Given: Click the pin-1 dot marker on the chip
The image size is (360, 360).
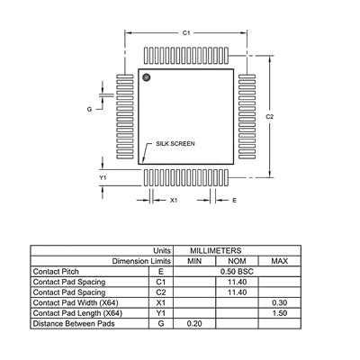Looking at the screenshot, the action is (x=147, y=77).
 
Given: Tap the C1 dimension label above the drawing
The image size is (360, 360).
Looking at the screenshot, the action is (x=186, y=32).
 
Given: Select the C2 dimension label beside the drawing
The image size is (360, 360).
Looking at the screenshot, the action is (x=270, y=117).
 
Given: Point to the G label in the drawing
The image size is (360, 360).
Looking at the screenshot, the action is (x=89, y=109).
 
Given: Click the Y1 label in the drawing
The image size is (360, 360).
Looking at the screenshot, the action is (x=103, y=177).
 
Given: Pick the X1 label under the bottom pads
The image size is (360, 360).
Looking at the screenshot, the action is (x=174, y=200).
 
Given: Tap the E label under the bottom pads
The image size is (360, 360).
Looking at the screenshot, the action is (x=234, y=200).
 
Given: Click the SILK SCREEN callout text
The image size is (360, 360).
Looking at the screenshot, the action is (x=175, y=144).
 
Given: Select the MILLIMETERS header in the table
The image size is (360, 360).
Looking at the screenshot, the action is (x=215, y=250).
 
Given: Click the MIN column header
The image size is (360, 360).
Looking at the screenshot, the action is (x=194, y=261).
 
